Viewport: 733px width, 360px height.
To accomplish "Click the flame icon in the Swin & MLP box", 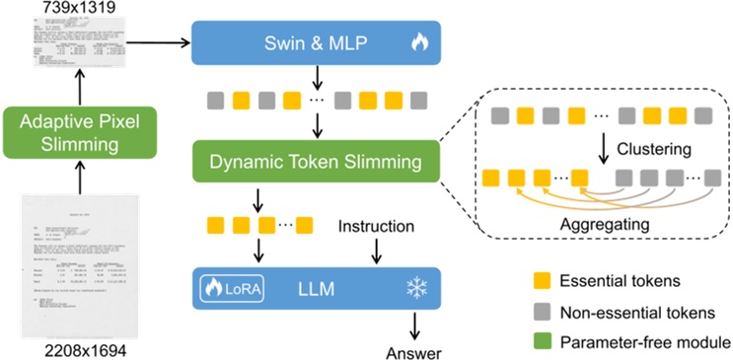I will tap(418, 43).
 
